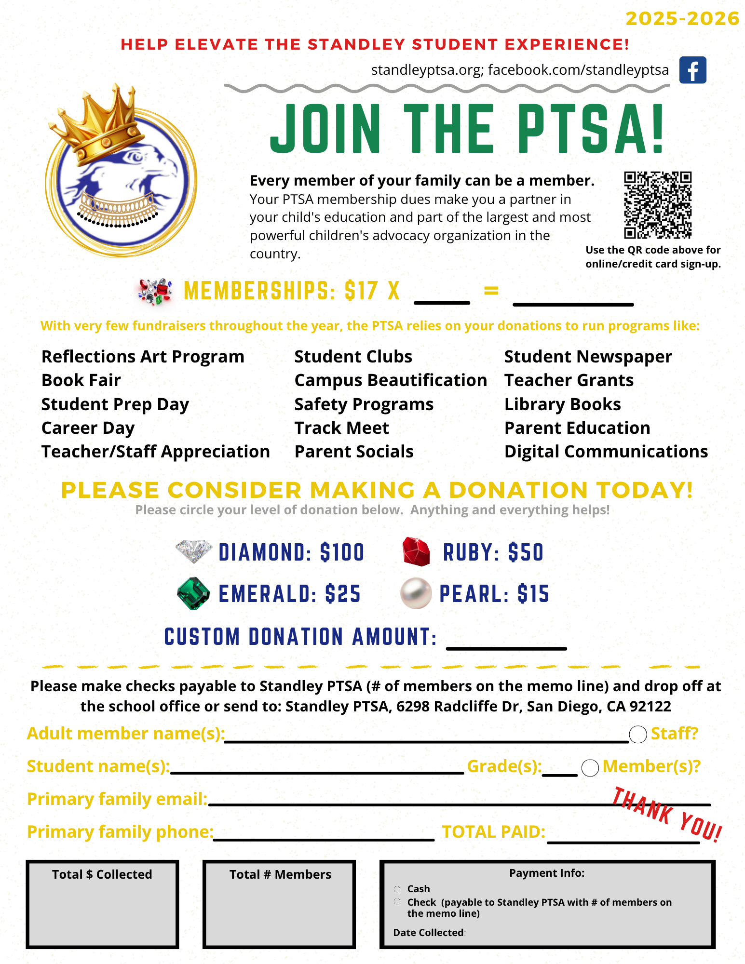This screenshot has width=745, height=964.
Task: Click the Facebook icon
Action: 692,70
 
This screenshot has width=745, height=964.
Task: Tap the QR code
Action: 658,205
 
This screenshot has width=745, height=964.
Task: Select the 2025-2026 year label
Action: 682,19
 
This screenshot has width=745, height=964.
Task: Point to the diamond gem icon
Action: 194,551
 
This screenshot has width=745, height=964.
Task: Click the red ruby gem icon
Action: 416,551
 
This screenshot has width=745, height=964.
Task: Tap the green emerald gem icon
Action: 193,593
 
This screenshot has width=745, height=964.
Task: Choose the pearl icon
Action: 416,593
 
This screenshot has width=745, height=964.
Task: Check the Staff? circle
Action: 637,735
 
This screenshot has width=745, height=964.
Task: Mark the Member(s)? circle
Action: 590,768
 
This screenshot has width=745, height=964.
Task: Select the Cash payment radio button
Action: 397,889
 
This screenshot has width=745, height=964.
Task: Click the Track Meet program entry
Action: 341,428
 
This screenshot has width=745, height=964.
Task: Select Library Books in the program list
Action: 562,404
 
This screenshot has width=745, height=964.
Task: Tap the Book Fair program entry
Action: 81,380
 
